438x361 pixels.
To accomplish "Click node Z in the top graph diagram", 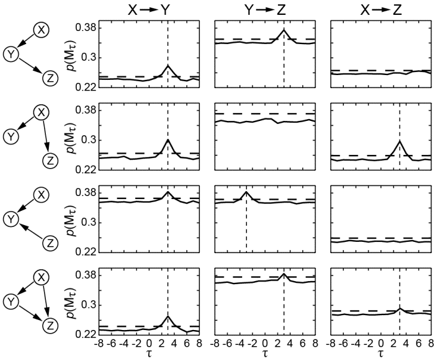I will coord(51,76).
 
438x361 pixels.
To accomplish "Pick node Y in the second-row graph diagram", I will coord(11,137).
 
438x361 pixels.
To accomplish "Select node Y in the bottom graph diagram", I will coord(11,301).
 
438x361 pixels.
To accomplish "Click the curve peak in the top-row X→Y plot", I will coord(168,66).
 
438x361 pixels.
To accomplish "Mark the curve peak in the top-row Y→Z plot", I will coord(284,30).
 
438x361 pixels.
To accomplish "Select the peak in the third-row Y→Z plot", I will coord(246,191).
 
